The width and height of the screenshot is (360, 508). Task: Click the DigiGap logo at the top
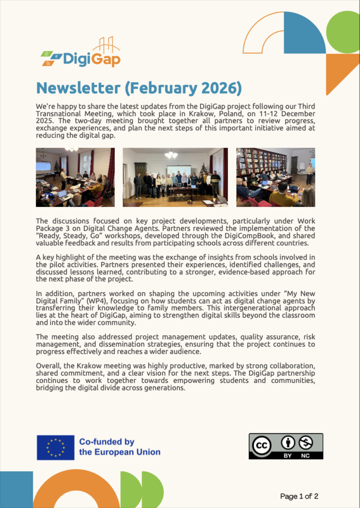pos(80,55)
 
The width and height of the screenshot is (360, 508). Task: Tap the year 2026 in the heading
pos(218,88)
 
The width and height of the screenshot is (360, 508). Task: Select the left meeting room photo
pos(75,177)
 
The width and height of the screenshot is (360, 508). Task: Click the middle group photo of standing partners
pos(175,177)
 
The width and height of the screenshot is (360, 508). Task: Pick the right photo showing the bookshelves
pos(275,177)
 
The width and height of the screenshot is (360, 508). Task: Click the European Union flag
pos(56,447)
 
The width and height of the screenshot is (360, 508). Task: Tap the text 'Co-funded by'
pos(107,442)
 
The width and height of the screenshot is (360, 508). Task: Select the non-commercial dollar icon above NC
pos(306,442)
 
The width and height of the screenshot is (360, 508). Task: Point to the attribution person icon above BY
pos(288,442)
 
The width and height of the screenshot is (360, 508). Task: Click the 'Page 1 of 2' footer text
pos(299,496)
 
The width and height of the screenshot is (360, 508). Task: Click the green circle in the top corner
pos(343,28)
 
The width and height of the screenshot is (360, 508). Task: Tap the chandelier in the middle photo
pos(171,154)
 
